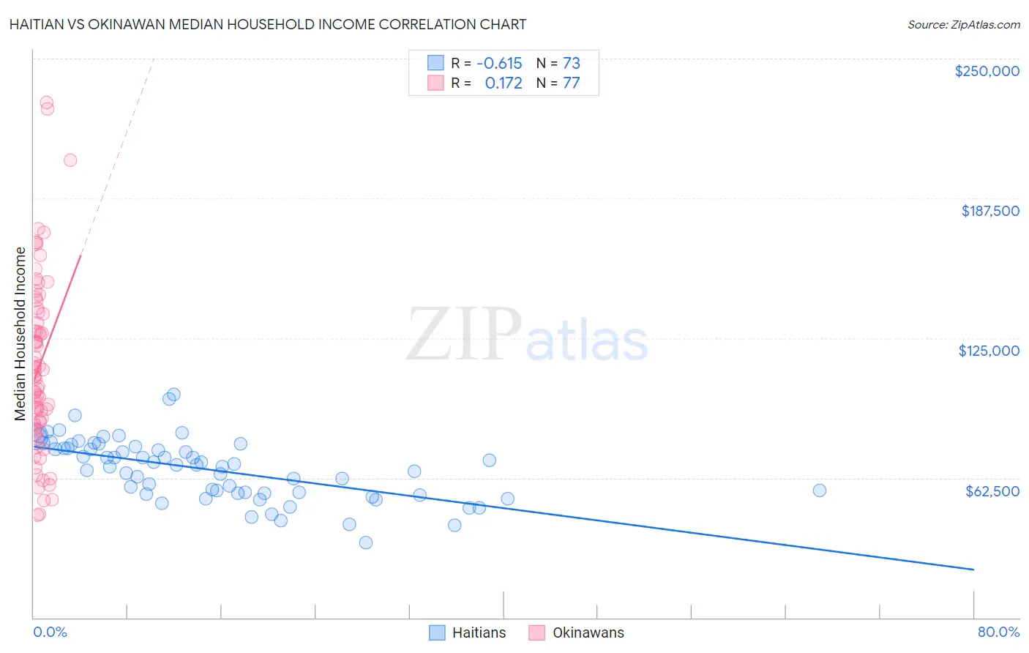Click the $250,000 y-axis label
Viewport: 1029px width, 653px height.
(x=987, y=71)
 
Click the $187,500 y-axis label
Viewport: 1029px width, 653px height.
(x=989, y=211)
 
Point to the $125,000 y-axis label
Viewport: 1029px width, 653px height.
(x=989, y=351)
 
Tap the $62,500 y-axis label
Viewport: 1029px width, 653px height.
(x=992, y=491)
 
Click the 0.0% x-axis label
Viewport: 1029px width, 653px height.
(x=50, y=632)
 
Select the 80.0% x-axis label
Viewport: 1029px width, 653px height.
(x=998, y=632)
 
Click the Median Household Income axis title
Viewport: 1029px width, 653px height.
(x=20, y=334)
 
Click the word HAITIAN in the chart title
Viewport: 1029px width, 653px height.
(x=42, y=24)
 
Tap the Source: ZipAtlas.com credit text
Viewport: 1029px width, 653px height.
(x=963, y=24)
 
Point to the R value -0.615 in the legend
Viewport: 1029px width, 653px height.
(x=499, y=63)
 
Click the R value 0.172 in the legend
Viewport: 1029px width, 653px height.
(x=504, y=83)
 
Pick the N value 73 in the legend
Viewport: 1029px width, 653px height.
(x=571, y=63)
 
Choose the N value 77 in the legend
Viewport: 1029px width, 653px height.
(x=571, y=83)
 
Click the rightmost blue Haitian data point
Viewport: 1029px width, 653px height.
(x=819, y=490)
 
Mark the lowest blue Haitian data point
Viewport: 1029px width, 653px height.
(x=366, y=542)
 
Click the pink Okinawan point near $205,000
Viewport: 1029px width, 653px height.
(x=70, y=160)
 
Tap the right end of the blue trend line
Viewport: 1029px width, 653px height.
(x=973, y=569)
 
